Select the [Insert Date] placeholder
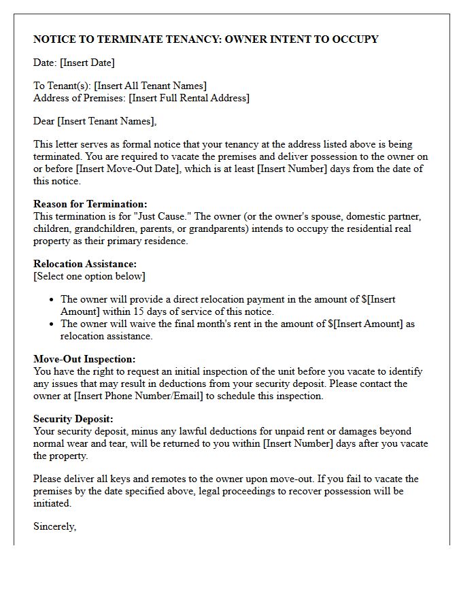87,63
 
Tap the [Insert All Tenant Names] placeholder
150,86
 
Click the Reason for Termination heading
90,204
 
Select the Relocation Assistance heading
85,264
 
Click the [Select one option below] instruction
89,276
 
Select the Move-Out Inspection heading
84,359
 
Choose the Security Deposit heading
73,419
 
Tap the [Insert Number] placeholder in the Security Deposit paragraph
296,443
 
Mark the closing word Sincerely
54,526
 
